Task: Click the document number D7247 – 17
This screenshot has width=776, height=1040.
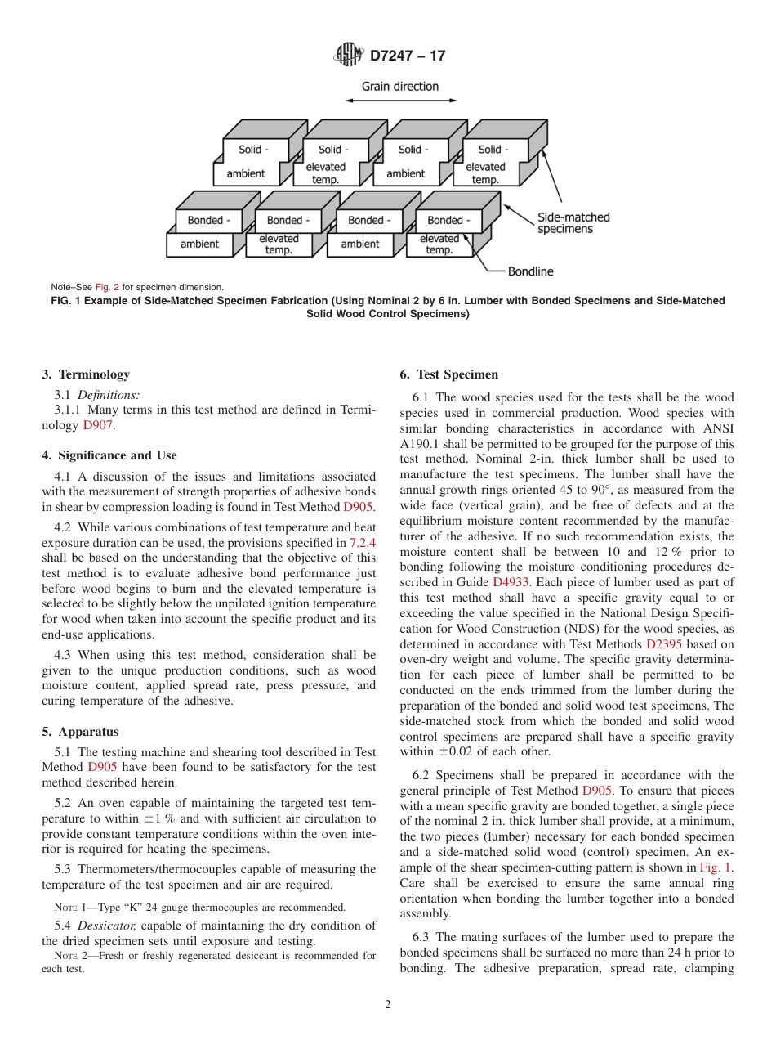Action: pos(408,56)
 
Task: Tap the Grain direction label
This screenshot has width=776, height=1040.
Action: pos(400,87)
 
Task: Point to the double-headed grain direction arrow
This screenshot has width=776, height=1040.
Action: pos(400,101)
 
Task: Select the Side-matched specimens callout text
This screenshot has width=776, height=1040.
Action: pos(573,223)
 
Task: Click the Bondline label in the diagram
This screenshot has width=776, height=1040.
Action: pos(530,271)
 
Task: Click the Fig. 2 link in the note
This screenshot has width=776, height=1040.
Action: pos(107,288)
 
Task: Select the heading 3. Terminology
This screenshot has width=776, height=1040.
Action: pos(86,374)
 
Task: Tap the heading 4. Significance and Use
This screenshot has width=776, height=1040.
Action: pos(109,455)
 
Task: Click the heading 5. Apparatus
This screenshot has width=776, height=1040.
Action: pos(80,732)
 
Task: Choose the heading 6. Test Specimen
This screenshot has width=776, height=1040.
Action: pos(448,374)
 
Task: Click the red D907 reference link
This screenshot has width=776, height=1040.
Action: pos(98,425)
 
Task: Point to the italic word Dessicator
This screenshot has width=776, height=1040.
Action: pos(106,926)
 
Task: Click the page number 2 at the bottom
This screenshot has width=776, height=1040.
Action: pos(388,1005)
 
